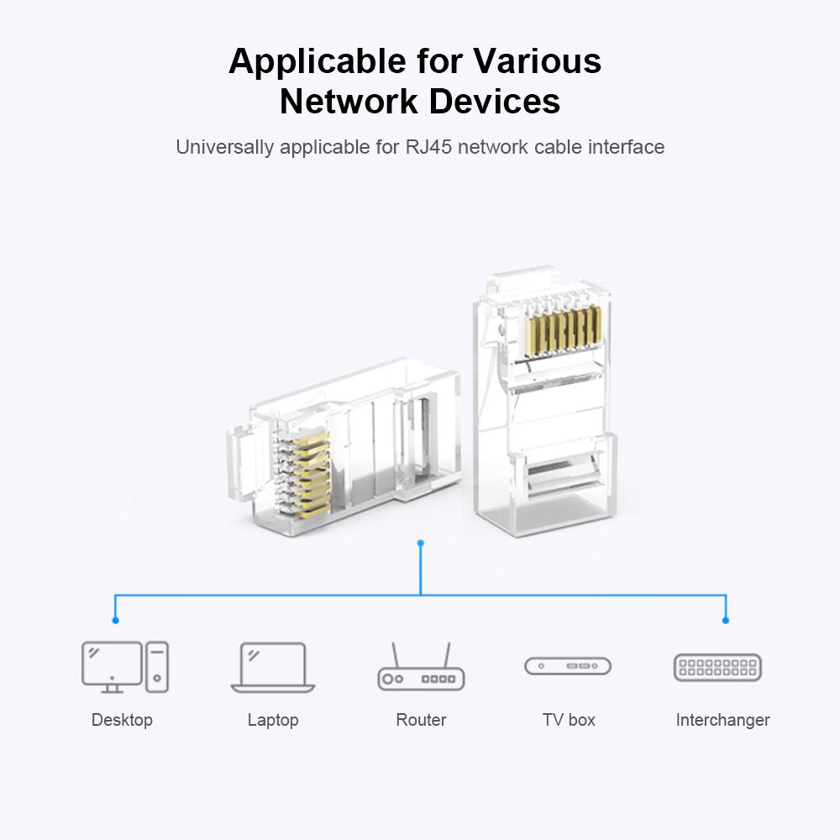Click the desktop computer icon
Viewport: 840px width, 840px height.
(124, 667)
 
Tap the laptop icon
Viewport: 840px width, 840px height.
(273, 668)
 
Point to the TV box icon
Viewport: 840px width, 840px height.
(568, 666)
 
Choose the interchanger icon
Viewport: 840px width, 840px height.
(717, 667)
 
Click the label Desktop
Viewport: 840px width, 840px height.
(122, 720)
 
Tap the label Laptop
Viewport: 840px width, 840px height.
(273, 720)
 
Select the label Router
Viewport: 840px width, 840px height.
(421, 720)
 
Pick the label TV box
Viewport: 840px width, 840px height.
(569, 720)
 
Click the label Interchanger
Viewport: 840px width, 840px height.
(722, 720)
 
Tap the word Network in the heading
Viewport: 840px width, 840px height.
(349, 102)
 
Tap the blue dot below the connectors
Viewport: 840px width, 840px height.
(421, 543)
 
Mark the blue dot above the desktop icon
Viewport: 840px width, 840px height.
(115, 620)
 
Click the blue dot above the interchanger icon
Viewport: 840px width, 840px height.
(726, 620)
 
